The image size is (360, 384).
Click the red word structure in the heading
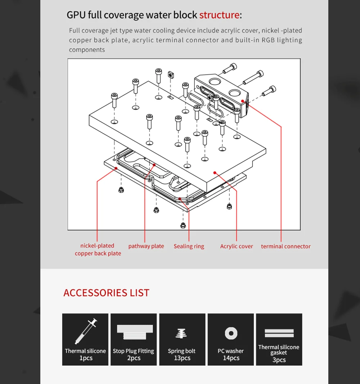coord(220,15)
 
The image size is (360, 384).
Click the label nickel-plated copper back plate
coord(98,249)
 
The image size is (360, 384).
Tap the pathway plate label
coord(146,246)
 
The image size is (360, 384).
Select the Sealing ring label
coord(189,247)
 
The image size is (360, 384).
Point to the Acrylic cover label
coord(236,247)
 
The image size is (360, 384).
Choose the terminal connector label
coord(285,247)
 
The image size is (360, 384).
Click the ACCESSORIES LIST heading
coord(106,293)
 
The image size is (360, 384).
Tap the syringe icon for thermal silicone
coord(86,331)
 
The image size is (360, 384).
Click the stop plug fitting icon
coord(135,332)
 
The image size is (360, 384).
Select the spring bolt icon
coord(181,333)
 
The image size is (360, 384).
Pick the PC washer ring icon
coord(231,333)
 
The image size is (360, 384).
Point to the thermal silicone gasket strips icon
coord(279,333)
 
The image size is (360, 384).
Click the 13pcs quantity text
coord(182,358)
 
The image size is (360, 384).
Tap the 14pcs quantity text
coord(231,358)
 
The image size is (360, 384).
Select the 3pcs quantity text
coord(279,360)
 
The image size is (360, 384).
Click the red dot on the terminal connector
coord(242,101)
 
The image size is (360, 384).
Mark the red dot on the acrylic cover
coord(215,173)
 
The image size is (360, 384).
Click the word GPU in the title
coord(76,15)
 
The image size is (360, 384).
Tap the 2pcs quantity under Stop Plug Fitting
coord(134,358)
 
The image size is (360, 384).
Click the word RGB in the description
coord(268,40)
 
